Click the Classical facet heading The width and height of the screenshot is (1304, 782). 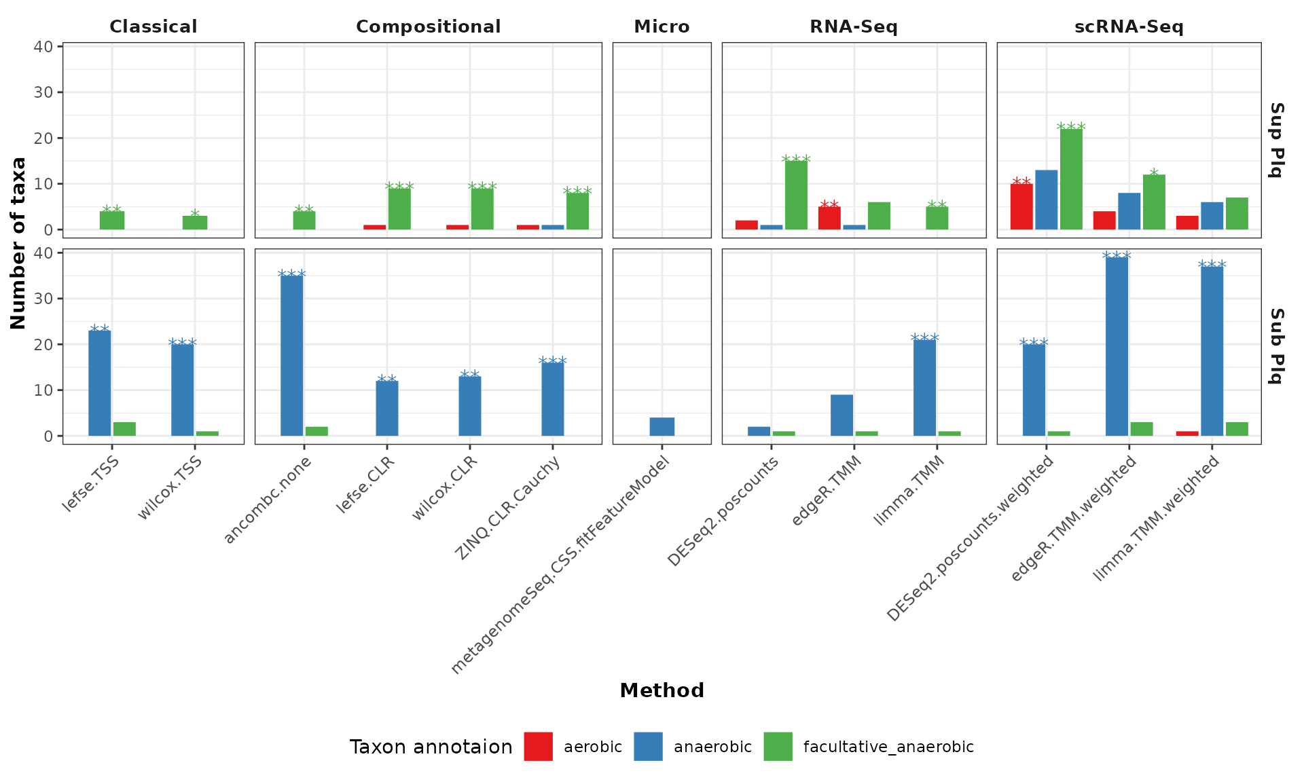pyautogui.click(x=153, y=26)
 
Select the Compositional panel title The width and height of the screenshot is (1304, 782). pyautogui.click(x=428, y=26)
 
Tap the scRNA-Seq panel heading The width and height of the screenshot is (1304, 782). pyautogui.click(x=1128, y=26)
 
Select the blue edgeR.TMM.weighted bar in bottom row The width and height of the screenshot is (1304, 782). pyautogui.click(x=1117, y=346)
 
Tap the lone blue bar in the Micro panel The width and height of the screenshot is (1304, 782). pyautogui.click(x=662, y=426)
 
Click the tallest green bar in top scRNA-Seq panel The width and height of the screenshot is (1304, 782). pyautogui.click(x=1071, y=179)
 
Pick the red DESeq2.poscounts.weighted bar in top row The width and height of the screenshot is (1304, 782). pyautogui.click(x=1021, y=206)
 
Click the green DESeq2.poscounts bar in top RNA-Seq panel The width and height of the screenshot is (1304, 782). pyautogui.click(x=796, y=195)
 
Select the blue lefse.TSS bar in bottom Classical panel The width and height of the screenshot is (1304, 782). pyautogui.click(x=100, y=383)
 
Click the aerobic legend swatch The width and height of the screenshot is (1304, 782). pyautogui.click(x=538, y=747)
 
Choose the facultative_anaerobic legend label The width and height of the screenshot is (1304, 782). pyautogui.click(x=888, y=747)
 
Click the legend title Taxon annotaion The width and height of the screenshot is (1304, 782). pyautogui.click(x=431, y=747)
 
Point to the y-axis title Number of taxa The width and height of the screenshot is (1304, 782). pyautogui.click(x=18, y=243)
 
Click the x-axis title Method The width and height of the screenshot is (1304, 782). pyautogui.click(x=662, y=690)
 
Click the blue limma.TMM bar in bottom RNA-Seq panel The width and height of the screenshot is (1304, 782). pyautogui.click(x=924, y=388)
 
